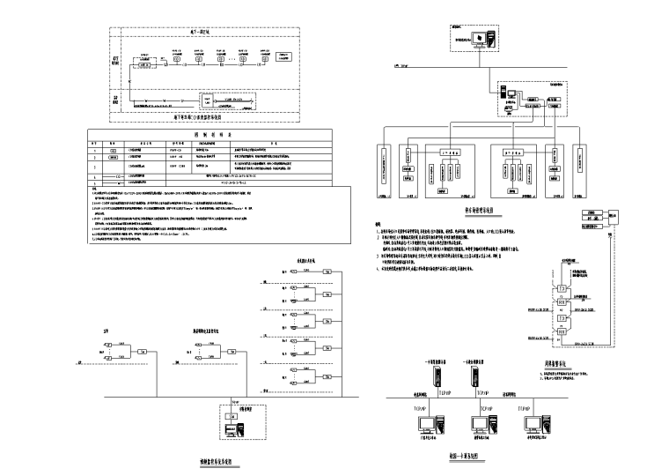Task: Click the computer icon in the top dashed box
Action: (x=483, y=39)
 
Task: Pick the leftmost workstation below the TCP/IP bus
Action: (x=431, y=428)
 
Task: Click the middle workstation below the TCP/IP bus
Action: (x=484, y=428)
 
